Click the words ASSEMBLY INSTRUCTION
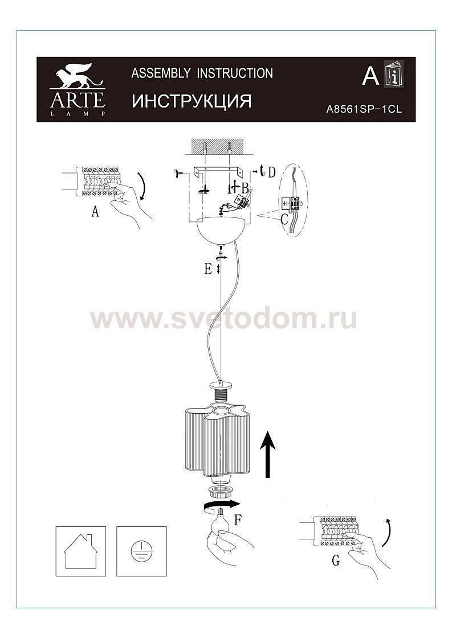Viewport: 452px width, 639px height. point(202,73)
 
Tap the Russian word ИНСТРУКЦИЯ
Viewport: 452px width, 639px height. point(192,101)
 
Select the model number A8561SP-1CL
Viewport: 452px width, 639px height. point(364,109)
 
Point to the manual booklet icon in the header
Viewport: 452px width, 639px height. point(394,73)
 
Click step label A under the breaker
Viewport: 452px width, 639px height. point(95,211)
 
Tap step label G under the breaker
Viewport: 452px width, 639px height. point(336,560)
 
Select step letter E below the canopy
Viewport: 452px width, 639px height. point(208,269)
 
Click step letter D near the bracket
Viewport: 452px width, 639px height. point(271,172)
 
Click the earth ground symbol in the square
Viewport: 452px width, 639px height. point(141,551)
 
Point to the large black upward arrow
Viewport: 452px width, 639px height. point(268,453)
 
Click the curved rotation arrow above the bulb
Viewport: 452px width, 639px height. point(221,505)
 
